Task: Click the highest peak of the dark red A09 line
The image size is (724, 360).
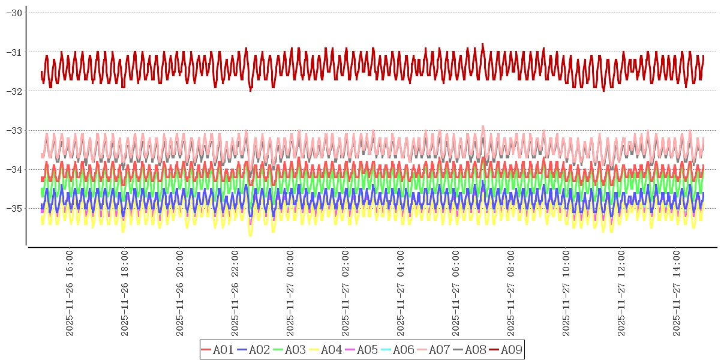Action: [482, 44]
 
